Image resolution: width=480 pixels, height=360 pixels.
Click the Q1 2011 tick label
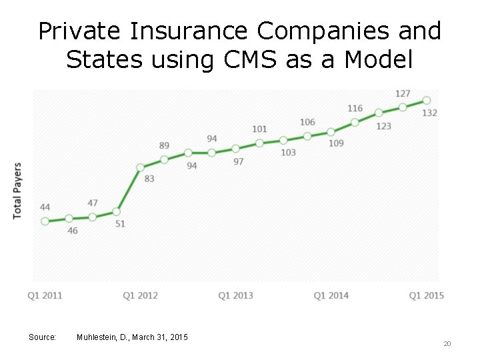tap(45, 295)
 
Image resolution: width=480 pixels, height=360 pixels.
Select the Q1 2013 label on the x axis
tap(236, 295)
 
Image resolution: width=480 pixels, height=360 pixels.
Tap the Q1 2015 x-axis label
tap(427, 295)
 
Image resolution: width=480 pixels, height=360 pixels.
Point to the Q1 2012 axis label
tap(141, 295)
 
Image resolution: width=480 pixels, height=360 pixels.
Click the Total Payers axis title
tap(17, 190)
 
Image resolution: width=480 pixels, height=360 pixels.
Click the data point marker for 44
tap(45, 221)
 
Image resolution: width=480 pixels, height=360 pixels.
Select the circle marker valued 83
tap(141, 167)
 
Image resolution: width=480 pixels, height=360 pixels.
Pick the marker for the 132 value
tap(427, 101)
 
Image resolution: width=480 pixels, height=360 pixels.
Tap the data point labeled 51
tap(117, 211)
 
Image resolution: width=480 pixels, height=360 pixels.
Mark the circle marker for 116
tap(355, 122)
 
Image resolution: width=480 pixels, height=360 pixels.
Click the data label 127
tap(403, 94)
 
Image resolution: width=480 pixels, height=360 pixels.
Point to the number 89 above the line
tap(164, 146)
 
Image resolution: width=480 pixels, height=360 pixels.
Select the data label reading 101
tap(259, 129)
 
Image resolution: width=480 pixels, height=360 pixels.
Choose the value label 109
tap(336, 143)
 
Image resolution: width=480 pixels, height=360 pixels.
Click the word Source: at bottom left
tap(42, 337)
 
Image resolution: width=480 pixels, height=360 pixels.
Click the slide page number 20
tap(447, 343)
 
